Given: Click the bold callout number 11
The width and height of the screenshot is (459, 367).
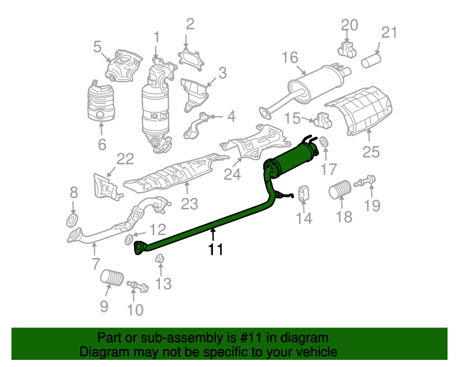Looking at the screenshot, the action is (215, 249).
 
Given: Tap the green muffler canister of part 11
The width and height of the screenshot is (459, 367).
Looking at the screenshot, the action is (295, 158).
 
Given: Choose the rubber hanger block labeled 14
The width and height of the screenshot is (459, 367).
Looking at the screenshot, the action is (304, 193).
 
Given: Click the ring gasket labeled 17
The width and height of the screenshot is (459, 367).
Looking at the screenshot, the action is (323, 142).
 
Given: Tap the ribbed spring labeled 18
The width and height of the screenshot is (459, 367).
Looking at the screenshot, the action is (340, 189).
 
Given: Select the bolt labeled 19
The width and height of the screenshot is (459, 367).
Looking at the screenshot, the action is (365, 181).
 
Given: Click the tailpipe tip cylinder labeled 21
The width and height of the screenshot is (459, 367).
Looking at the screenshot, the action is (371, 60).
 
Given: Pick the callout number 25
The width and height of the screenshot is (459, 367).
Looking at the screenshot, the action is (371, 152).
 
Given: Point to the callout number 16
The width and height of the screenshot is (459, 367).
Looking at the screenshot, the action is (290, 57).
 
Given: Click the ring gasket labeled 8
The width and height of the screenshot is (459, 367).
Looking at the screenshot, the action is (72, 220).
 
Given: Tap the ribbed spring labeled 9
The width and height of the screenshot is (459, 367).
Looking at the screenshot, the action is (112, 277).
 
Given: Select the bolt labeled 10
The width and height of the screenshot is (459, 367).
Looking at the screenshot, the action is (138, 286).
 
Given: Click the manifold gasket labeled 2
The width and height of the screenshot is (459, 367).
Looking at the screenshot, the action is (191, 60).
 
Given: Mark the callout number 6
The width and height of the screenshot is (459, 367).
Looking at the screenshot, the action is (102, 144).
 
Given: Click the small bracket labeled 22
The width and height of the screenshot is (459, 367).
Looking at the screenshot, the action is (106, 186).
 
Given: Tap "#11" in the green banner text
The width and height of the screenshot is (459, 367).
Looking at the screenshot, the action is (251, 338).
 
